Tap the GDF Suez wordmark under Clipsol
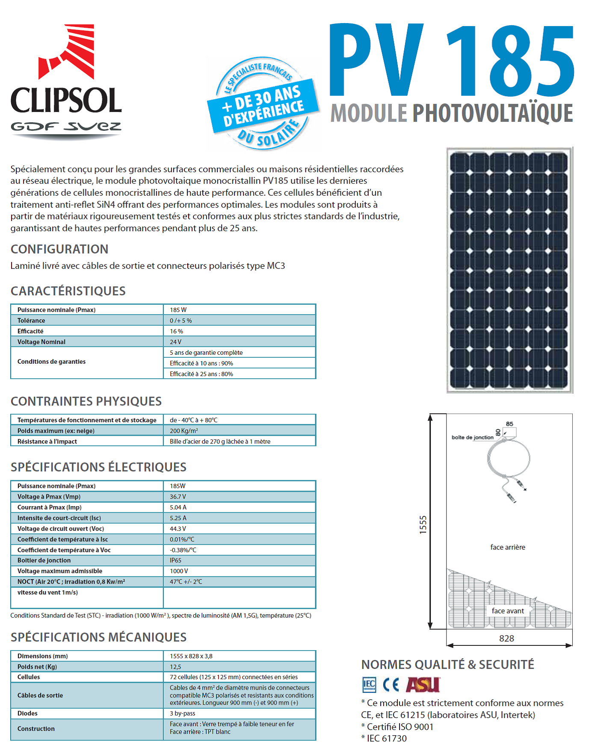66,127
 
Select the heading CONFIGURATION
59,249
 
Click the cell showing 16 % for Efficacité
176,331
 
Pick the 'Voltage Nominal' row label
41,342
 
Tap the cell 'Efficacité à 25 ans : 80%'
201,374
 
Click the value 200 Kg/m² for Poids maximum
184,431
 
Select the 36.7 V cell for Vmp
178,497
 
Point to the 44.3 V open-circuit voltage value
178,529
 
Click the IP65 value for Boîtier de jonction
175,560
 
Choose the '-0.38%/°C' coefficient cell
183,550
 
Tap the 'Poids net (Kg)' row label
37,667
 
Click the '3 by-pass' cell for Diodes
182,713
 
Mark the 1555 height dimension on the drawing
423,524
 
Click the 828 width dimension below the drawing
506,639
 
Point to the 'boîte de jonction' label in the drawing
472,437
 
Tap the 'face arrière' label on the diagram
508,547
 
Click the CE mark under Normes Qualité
391,685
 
